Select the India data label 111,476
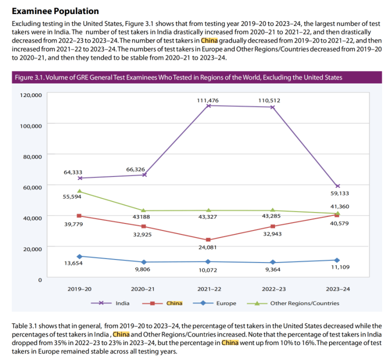tap(207, 100)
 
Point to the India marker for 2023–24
tap(337, 186)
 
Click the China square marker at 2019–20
tap(80, 216)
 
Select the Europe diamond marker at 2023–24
tap(337, 260)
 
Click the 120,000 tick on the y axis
tap(30, 94)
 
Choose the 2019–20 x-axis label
tap(80, 289)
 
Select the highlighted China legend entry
tap(174, 303)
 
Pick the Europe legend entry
tap(226, 303)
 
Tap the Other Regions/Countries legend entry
tap(304, 303)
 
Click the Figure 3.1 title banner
tap(195, 77)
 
